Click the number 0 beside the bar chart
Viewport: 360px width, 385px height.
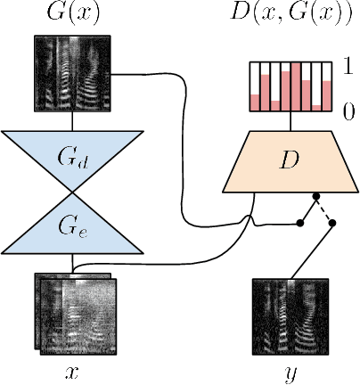[349, 111]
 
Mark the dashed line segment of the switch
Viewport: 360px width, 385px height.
[324, 211]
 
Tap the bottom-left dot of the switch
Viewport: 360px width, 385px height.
[299, 224]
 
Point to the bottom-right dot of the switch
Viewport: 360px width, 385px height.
[333, 225]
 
